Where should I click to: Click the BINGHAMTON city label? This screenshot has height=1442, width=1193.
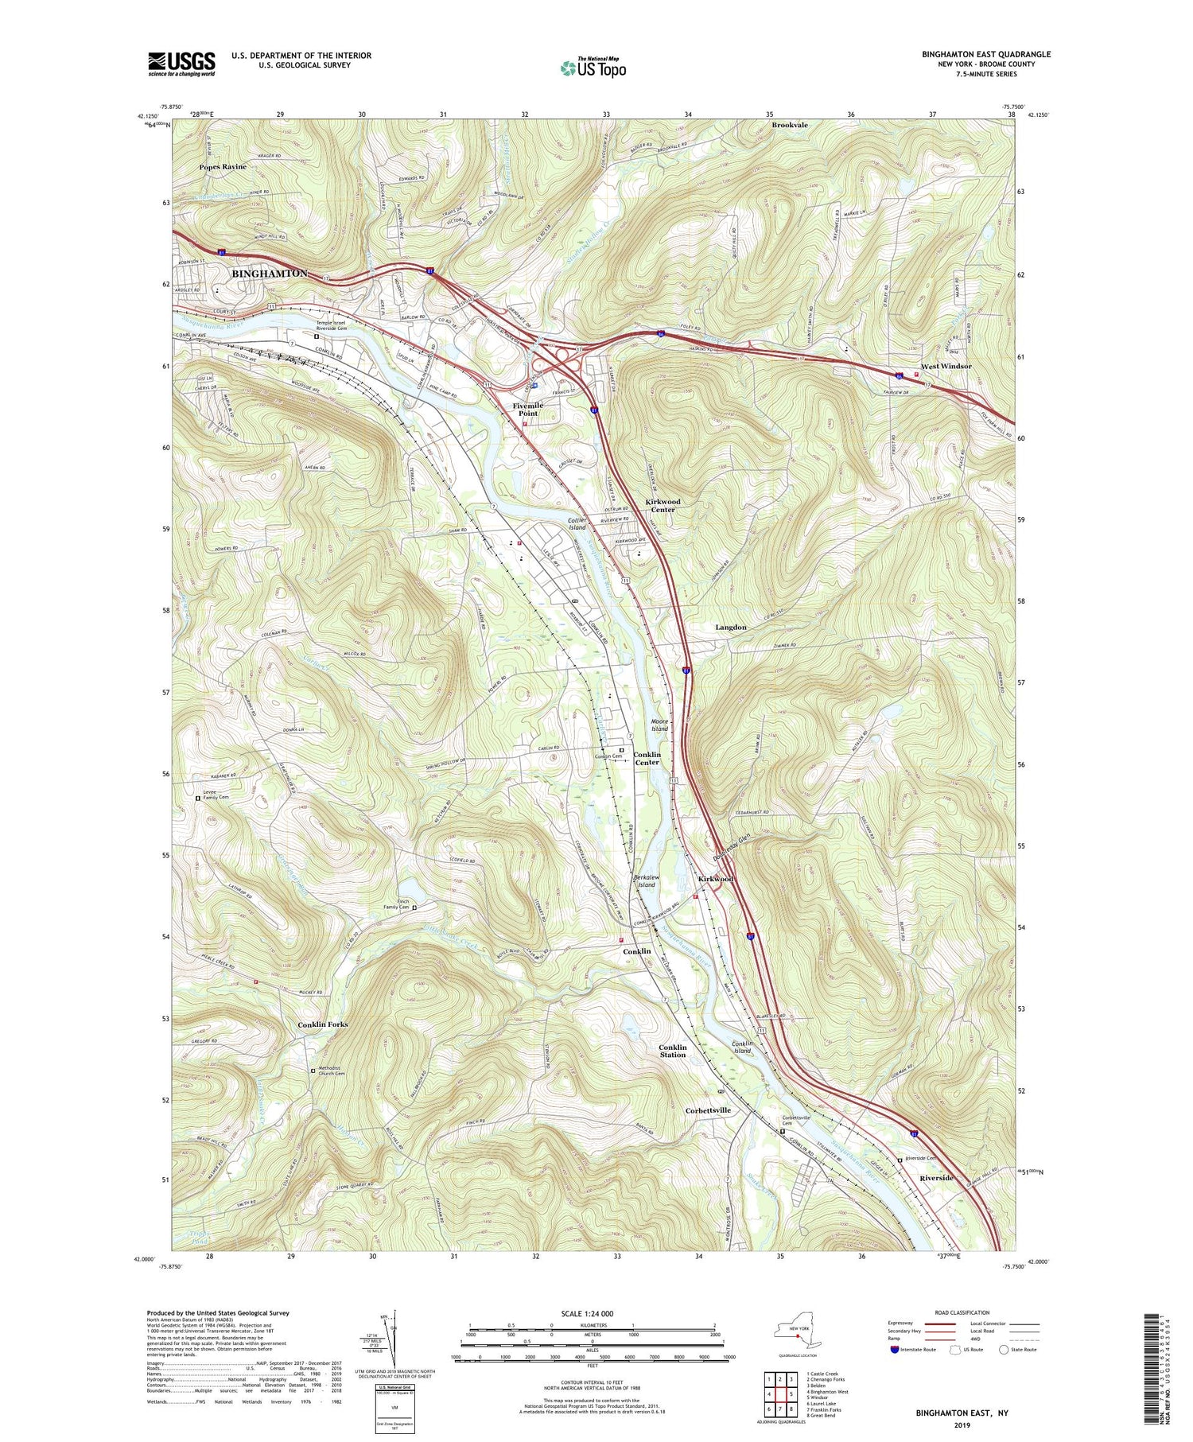pos(269,274)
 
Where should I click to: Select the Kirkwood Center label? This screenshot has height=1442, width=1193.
pos(663,506)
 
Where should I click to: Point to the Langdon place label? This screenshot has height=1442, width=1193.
pos(730,628)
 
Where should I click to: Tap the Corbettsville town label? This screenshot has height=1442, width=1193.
pos(708,1110)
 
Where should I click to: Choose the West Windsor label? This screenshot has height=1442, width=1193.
pos(946,366)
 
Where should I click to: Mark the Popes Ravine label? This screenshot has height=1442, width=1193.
pos(223,166)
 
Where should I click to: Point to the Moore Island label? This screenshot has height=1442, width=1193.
pos(659,725)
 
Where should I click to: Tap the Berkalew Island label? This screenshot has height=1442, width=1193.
pos(644,880)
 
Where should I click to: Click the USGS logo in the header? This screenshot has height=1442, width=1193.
pos(181,64)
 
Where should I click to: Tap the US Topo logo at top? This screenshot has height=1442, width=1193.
pos(593,68)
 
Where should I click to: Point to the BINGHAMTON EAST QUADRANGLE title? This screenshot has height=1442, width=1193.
pos(986,54)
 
